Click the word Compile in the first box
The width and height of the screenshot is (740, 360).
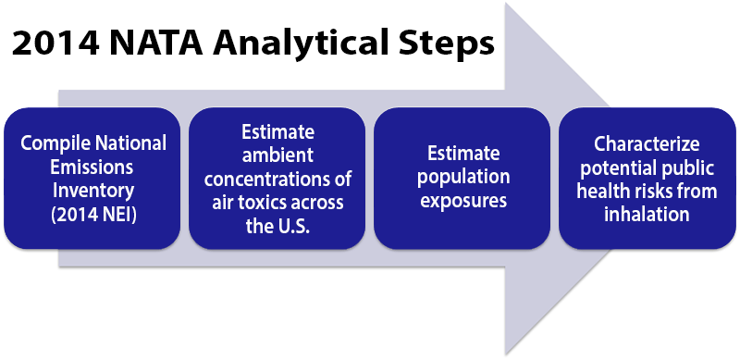(55, 143)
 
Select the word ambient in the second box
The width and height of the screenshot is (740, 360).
(277, 154)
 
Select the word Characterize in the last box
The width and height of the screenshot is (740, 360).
(647, 143)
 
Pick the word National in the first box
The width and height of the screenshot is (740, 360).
(130, 143)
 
